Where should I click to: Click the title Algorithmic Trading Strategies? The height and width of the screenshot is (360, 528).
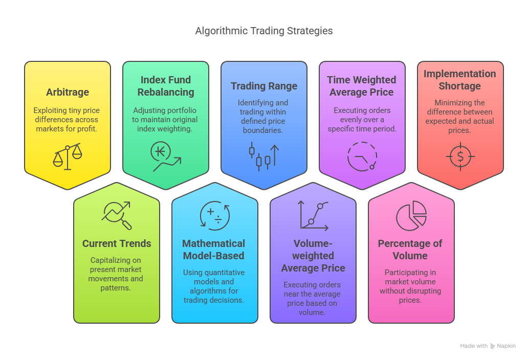coord(264,31)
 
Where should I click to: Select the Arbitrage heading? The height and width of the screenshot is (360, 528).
coord(68,92)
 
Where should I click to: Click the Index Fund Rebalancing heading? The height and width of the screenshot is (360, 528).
coord(166,86)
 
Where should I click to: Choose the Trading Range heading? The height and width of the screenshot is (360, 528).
coord(264,86)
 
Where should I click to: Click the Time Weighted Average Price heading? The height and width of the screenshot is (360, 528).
coord(362,86)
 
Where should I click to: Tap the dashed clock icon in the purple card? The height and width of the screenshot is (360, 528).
coord(362,156)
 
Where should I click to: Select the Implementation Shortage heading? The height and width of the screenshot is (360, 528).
coord(460,80)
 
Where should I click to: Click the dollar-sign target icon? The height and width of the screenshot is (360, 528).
coord(460,156)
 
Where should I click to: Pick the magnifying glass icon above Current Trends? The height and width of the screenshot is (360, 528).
coord(117,215)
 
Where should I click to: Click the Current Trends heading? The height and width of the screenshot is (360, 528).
coord(117,243)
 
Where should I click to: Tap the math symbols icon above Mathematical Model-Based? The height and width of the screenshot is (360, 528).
coord(215,215)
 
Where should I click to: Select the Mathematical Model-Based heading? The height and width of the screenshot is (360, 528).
coord(214,250)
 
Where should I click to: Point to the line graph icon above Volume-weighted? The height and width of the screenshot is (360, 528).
coord(313,215)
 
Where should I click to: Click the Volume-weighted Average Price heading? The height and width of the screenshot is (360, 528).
coord(313,256)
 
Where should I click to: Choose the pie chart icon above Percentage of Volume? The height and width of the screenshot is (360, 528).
coord(411,215)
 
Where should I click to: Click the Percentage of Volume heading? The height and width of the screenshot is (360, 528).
coord(410,250)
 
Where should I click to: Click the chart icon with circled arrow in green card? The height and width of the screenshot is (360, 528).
coord(166,156)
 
